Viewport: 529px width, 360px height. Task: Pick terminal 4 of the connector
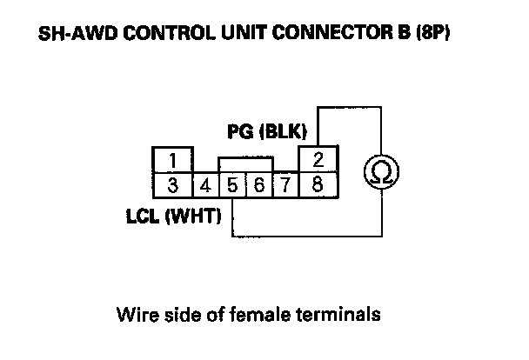click(205, 184)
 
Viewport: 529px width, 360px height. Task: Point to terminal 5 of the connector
click(232, 184)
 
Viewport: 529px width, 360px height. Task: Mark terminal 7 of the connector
click(285, 184)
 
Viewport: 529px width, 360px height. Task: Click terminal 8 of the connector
click(319, 184)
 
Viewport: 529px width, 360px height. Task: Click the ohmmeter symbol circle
click(380, 173)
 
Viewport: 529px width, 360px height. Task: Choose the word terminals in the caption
click(342, 314)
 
